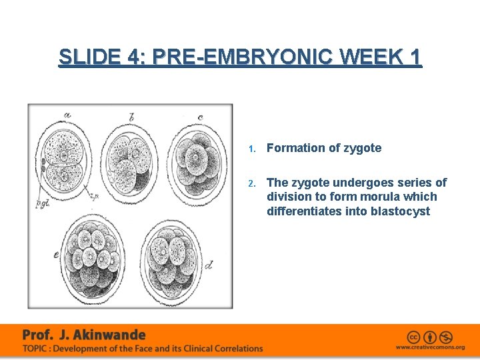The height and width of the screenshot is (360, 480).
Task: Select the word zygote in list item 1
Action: pos(363,148)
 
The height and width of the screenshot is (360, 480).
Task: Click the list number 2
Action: pos(251,183)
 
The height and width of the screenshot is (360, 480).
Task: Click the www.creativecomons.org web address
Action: pos(430,347)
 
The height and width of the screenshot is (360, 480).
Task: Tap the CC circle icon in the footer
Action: pos(415,337)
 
